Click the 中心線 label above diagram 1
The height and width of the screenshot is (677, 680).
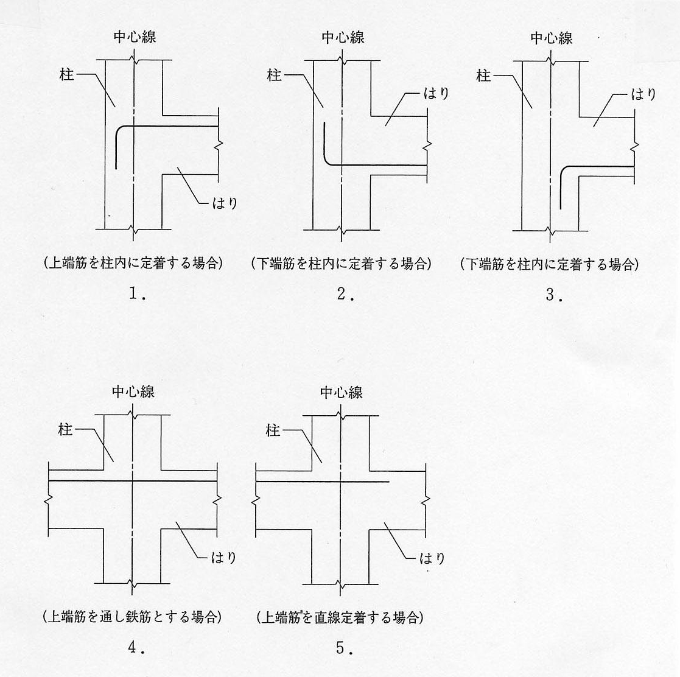click(135, 37)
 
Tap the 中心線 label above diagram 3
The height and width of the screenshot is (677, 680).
click(552, 38)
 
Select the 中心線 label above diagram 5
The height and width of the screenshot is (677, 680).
click(342, 393)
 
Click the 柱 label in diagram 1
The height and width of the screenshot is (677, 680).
click(67, 75)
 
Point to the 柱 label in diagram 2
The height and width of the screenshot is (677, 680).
click(275, 75)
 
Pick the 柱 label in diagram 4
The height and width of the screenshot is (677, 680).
click(65, 430)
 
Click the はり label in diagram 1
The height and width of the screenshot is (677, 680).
click(223, 203)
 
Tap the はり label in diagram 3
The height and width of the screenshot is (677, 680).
click(643, 94)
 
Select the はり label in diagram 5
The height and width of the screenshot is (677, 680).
click(432, 558)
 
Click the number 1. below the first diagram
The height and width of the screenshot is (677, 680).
click(136, 294)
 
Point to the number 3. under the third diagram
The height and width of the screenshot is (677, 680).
click(553, 295)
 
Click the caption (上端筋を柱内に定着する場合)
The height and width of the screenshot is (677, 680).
click(133, 264)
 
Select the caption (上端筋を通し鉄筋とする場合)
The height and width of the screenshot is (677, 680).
click(132, 617)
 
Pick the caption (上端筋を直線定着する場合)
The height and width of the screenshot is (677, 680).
click(340, 617)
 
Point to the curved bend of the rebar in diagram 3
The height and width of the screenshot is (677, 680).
click(563, 169)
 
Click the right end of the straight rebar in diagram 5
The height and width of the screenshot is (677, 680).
click(388, 482)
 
